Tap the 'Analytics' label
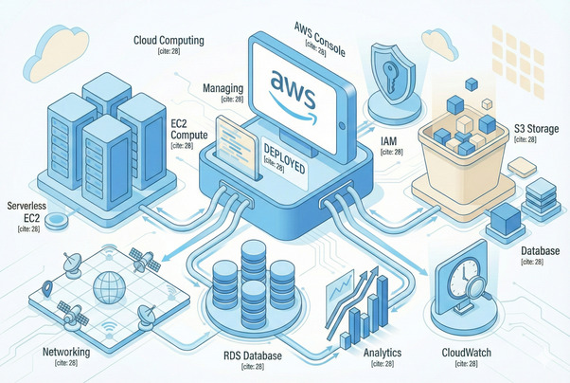383,352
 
